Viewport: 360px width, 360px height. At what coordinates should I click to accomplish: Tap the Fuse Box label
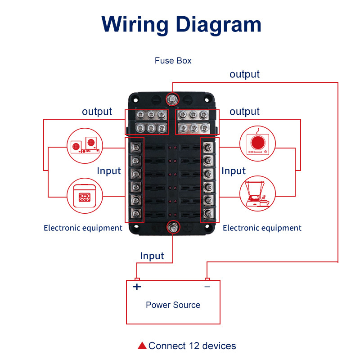[173, 60]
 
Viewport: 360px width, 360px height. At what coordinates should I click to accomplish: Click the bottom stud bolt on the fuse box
[172, 227]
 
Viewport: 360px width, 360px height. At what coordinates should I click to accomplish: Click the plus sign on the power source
[137, 287]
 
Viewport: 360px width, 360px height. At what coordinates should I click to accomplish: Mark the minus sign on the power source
[207, 287]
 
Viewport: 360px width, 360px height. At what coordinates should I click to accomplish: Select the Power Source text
[173, 305]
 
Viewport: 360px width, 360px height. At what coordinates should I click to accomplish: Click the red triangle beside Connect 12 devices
[142, 346]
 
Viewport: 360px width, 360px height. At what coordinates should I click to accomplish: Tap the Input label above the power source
[152, 256]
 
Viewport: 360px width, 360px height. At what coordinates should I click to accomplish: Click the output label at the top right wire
[245, 74]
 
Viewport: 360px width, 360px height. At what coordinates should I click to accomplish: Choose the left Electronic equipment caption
[83, 228]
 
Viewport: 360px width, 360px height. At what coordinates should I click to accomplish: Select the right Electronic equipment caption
[262, 228]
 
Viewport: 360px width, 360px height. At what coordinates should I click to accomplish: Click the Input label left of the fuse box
[109, 171]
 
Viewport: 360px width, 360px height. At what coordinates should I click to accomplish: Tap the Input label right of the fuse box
[234, 171]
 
